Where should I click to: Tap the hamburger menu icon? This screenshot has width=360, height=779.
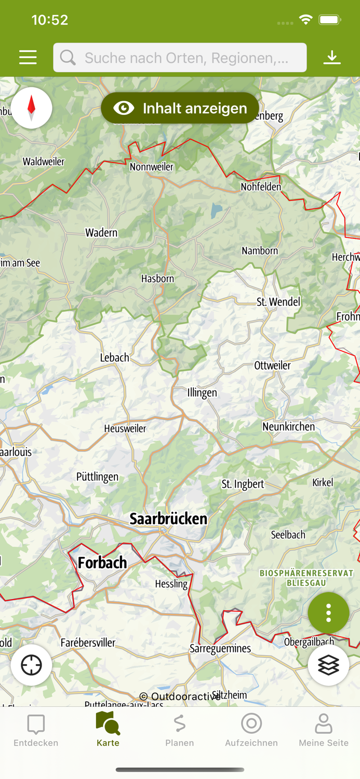click(28, 57)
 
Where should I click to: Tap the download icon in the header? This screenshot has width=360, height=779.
click(331, 57)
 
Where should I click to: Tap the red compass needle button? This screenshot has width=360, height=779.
click(31, 108)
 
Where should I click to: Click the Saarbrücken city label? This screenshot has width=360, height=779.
click(168, 519)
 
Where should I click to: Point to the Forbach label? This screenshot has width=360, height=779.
click(102, 562)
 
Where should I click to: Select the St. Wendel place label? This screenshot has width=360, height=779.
click(278, 302)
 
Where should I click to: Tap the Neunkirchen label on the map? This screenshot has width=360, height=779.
click(288, 427)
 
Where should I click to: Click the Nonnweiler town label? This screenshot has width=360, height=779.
click(152, 167)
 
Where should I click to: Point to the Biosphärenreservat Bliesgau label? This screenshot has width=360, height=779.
click(306, 577)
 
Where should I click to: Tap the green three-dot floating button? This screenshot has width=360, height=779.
click(328, 613)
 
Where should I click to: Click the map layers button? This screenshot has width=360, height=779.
click(328, 665)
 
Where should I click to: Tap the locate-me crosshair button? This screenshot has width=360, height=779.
click(31, 665)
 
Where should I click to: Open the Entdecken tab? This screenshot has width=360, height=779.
click(36, 730)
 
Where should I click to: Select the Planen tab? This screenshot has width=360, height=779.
click(180, 730)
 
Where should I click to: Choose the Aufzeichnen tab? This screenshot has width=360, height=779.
click(251, 730)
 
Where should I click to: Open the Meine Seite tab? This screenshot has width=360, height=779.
click(323, 730)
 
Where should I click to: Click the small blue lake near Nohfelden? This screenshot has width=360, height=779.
click(216, 210)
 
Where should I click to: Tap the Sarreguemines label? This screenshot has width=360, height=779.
click(220, 648)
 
